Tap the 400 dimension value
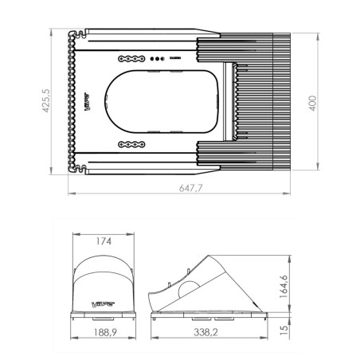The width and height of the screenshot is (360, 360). coord(314,101)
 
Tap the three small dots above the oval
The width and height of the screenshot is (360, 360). coord(158,59)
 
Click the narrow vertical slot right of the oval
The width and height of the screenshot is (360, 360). coord(233,101)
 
